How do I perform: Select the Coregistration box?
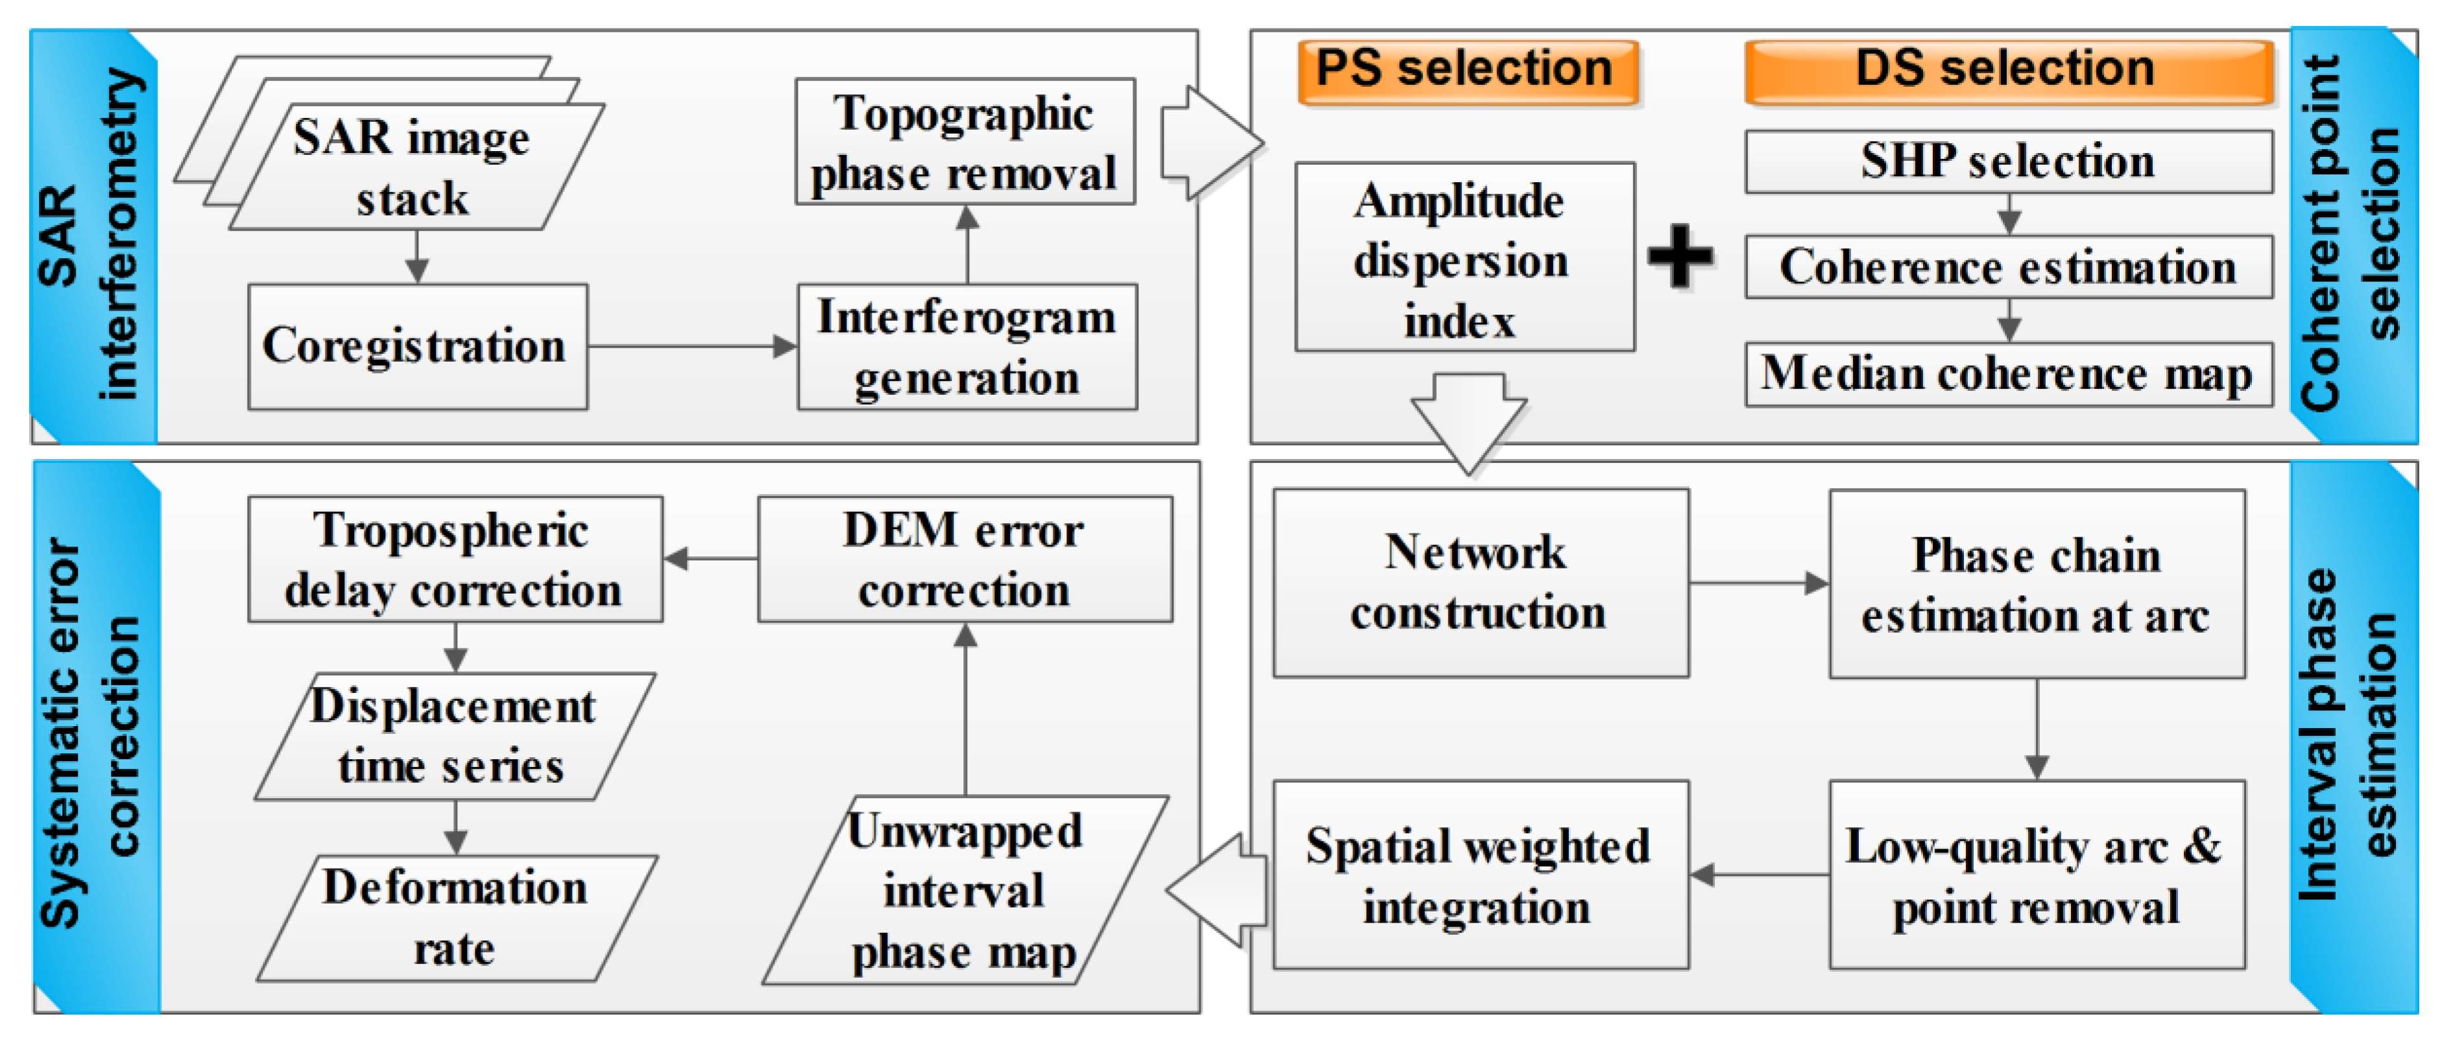point(417,346)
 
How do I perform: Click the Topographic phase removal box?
point(964,143)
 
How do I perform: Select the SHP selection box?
point(2007,161)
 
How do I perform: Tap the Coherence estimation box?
point(2007,268)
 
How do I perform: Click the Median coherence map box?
point(2007,374)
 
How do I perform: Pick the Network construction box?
point(1480,583)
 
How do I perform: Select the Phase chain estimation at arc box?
point(2036,584)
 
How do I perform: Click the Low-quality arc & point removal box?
point(2036,876)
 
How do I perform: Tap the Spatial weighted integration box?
point(1480,876)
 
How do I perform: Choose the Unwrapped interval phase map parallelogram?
point(964,891)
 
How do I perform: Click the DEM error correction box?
point(964,559)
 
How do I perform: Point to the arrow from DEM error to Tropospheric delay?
point(710,559)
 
